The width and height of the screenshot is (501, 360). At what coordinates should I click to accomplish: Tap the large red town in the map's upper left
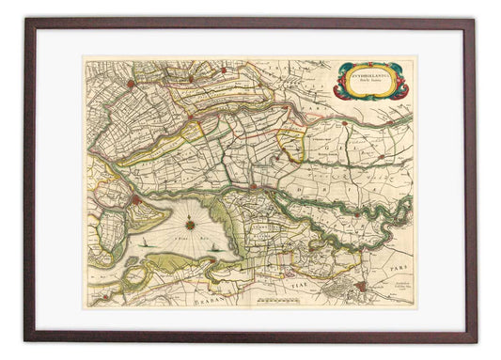(132, 84)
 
